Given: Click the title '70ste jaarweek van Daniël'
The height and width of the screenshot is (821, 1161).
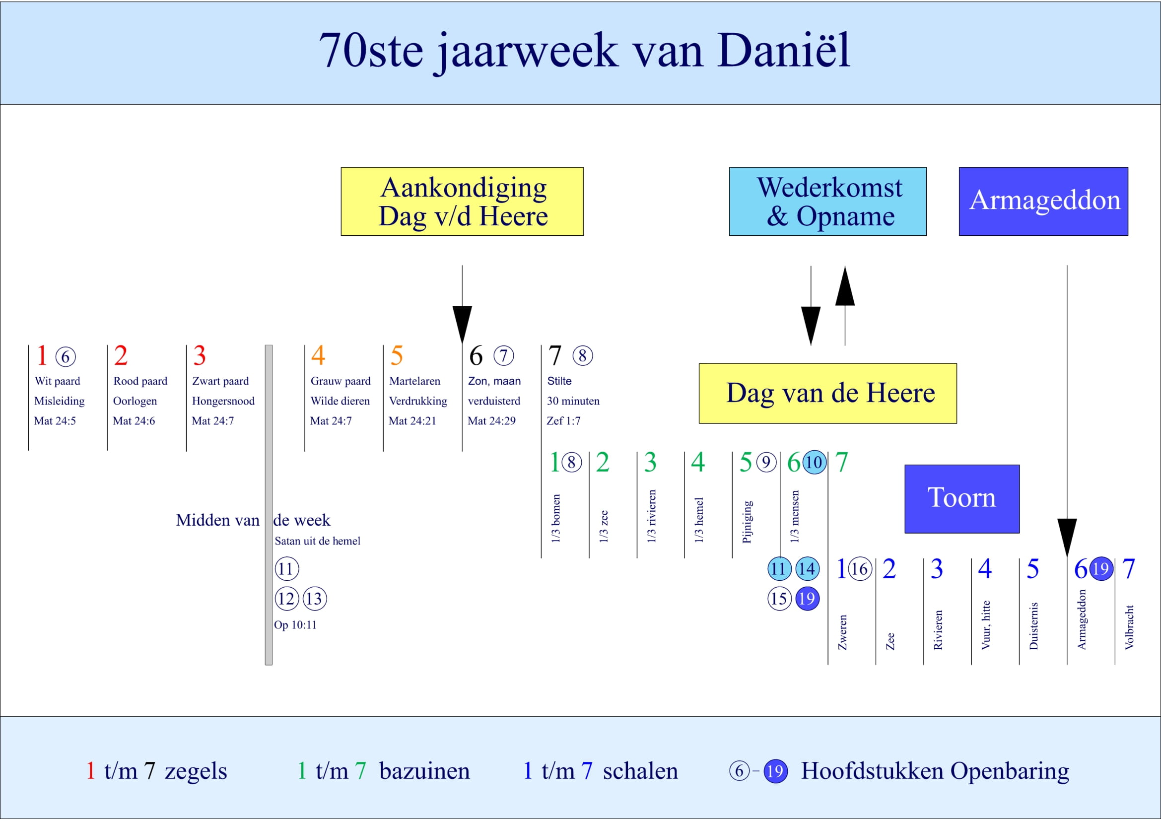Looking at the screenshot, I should pyautogui.click(x=584, y=51).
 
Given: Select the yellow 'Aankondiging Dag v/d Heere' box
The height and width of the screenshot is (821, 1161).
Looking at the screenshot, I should pyautogui.click(x=462, y=201).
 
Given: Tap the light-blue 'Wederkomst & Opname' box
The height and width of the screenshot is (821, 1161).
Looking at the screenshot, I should pyautogui.click(x=828, y=201).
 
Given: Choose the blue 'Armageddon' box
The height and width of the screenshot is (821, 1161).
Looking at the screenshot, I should pyautogui.click(x=1043, y=201).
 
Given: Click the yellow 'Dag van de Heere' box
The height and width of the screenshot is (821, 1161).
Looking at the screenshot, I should pyautogui.click(x=828, y=393).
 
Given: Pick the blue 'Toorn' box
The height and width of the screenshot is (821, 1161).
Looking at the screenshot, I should pyautogui.click(x=962, y=498).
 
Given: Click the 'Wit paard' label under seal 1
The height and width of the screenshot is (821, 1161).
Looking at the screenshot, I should pyautogui.click(x=57, y=381).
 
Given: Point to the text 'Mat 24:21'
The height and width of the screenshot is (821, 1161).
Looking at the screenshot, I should pyautogui.click(x=412, y=420).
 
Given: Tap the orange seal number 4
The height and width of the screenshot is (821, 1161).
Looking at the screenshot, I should pyautogui.click(x=318, y=355).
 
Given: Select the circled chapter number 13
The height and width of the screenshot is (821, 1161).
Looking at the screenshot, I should pyautogui.click(x=315, y=599).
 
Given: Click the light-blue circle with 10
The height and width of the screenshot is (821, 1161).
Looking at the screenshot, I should pyautogui.click(x=814, y=462).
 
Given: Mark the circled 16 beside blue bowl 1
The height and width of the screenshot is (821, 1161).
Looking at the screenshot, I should pyautogui.click(x=859, y=569).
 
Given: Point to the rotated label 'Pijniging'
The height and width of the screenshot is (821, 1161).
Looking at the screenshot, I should pyautogui.click(x=747, y=522).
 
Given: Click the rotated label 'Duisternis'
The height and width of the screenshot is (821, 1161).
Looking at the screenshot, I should pyautogui.click(x=1033, y=625).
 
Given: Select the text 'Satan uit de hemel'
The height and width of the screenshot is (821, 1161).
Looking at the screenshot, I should pyautogui.click(x=318, y=541).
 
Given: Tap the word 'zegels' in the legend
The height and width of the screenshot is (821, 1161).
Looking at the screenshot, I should pyautogui.click(x=196, y=771).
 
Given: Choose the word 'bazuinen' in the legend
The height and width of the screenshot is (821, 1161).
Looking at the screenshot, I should pyautogui.click(x=424, y=771).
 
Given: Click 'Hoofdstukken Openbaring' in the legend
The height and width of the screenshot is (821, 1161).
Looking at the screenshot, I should pyautogui.click(x=935, y=771).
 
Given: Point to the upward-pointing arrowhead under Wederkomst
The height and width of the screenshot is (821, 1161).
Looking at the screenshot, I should pyautogui.click(x=845, y=286).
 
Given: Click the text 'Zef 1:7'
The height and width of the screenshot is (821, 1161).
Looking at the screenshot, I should pyautogui.click(x=563, y=420).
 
